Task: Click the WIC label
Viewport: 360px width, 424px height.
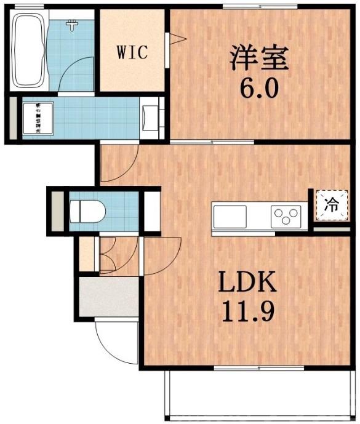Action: [132, 53]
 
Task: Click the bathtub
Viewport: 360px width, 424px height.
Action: [29, 51]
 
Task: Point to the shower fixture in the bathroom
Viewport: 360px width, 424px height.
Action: [73, 25]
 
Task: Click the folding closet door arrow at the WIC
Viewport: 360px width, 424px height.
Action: [178, 40]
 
